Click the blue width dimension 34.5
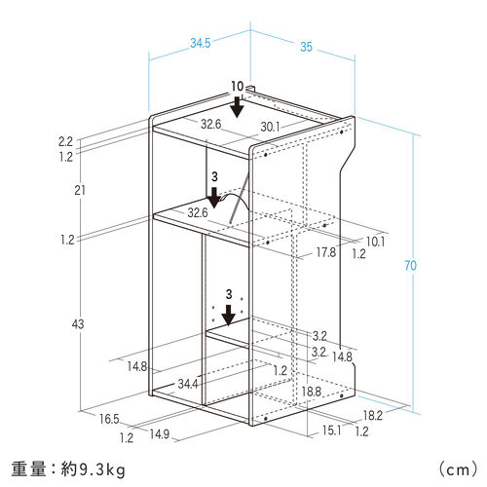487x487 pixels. pyautogui.click(x=201, y=43)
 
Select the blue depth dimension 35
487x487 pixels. pyautogui.click(x=306, y=47)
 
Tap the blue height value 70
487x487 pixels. pyautogui.click(x=410, y=265)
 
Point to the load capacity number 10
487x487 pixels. pyautogui.click(x=238, y=87)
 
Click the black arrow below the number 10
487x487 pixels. pyautogui.click(x=238, y=107)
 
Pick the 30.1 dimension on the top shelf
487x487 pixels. pyautogui.click(x=270, y=127)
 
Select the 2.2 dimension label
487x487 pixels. pyautogui.click(x=65, y=141)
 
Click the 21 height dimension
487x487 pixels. pyautogui.click(x=80, y=190)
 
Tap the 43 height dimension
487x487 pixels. pyautogui.click(x=78, y=323)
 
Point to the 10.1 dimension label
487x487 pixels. pyautogui.click(x=376, y=242)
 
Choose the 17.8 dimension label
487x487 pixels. pyautogui.click(x=326, y=252)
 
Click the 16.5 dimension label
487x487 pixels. pyautogui.click(x=109, y=419)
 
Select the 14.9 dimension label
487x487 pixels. pyautogui.click(x=160, y=434)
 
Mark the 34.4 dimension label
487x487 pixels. pyautogui.click(x=188, y=384)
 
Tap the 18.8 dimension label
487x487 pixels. pyautogui.click(x=312, y=392)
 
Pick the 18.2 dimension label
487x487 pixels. pyautogui.click(x=373, y=415)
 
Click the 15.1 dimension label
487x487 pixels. pyautogui.click(x=332, y=431)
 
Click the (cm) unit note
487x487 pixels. pyautogui.click(x=458, y=469)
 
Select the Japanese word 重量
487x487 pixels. pyautogui.click(x=28, y=469)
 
